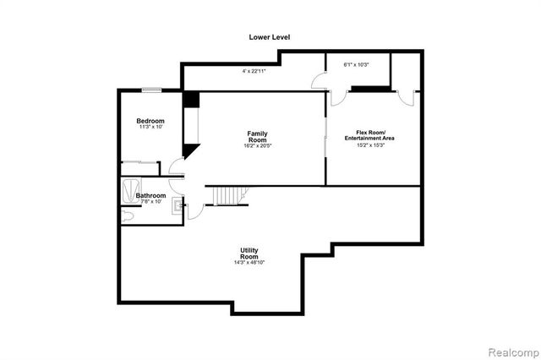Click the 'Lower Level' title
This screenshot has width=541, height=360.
(x=270, y=36)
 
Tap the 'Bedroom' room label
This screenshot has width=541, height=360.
(x=150, y=121)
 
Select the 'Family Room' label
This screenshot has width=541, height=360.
(x=258, y=137)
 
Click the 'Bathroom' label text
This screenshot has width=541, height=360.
(x=150, y=196)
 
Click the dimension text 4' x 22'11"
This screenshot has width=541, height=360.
(x=254, y=71)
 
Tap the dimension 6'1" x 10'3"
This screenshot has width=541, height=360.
(x=355, y=65)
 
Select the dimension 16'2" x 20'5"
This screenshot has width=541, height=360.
(x=258, y=147)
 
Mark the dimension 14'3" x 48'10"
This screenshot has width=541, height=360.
(x=249, y=263)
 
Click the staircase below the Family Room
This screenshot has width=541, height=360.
(x=227, y=195)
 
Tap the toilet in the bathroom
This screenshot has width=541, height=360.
(x=127, y=217)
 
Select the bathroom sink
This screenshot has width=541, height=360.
(x=178, y=204)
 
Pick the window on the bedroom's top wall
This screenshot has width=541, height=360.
(x=152, y=89)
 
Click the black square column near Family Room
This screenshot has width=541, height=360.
(x=191, y=98)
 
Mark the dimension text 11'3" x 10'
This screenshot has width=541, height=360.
(x=150, y=128)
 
